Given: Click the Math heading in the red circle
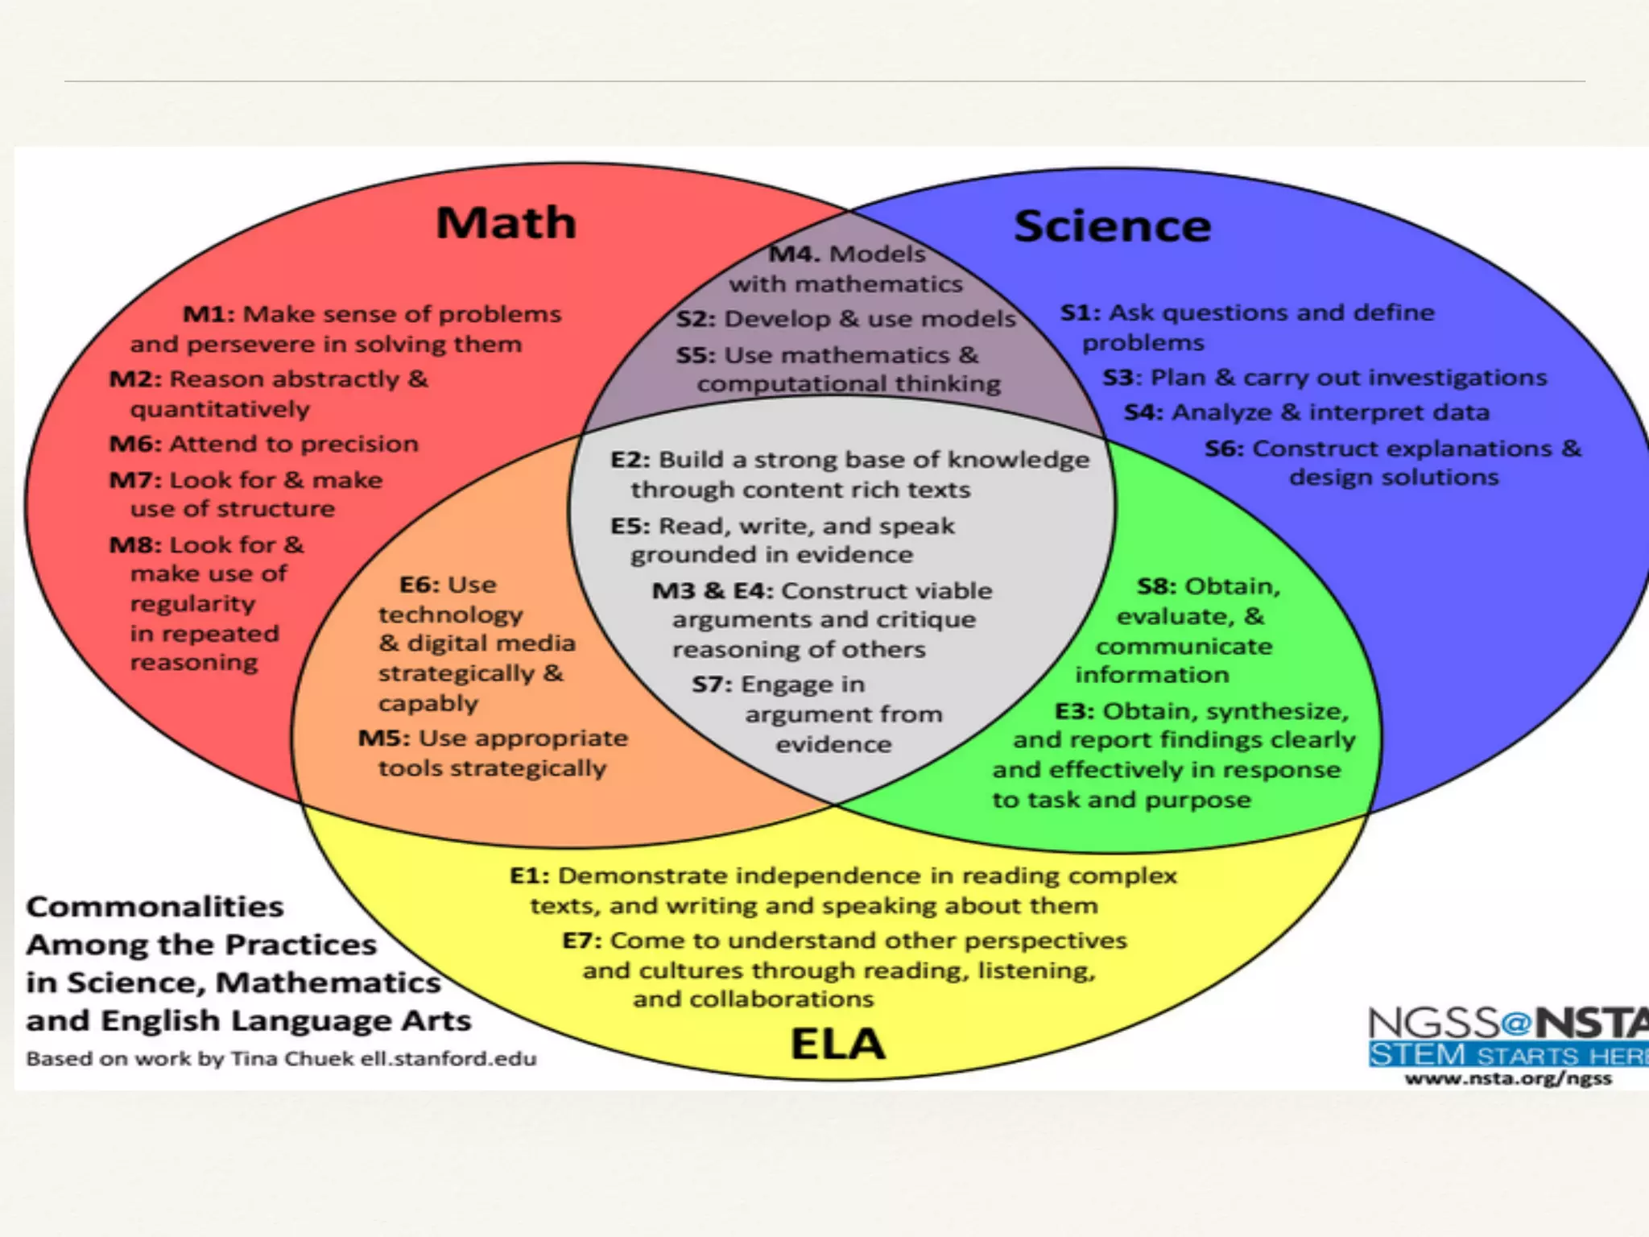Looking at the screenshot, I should tap(506, 223).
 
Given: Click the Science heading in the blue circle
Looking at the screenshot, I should tap(1112, 226).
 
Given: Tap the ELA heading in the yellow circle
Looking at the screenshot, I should tap(837, 1044).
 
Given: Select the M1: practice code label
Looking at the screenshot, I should tap(209, 314).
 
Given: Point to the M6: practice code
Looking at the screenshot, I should tap(135, 444).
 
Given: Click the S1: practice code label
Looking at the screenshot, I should tap(1080, 312).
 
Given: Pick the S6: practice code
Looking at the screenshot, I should tap(1224, 449).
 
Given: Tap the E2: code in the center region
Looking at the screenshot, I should tap(630, 460).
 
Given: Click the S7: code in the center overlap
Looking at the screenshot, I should tap(712, 685).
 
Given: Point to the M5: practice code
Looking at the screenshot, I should tap(384, 738).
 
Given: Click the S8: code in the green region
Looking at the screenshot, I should tap(1156, 586).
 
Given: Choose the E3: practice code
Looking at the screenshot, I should tap(1074, 712).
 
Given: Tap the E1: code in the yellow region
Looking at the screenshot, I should tap(529, 875).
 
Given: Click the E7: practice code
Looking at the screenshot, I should tap(581, 941).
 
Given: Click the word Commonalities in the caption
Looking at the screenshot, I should tap(155, 907).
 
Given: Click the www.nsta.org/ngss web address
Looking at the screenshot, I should tap(1508, 1078).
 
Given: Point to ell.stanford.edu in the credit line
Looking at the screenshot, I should tap(448, 1058).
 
